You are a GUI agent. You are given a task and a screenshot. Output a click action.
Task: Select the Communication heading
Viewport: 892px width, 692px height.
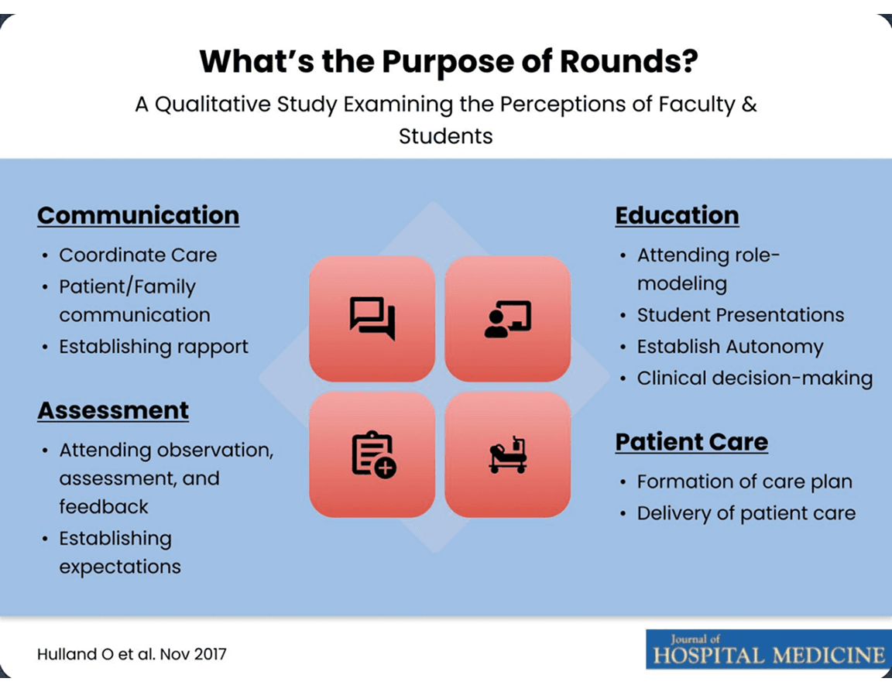point(138,215)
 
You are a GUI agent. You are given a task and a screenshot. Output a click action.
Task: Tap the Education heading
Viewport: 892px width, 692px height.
point(677,215)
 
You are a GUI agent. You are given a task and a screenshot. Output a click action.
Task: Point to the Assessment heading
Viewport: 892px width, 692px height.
point(113,410)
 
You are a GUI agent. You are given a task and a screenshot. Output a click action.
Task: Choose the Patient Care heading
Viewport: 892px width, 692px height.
point(691,442)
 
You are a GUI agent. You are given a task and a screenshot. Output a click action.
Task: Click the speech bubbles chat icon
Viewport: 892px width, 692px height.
point(372,318)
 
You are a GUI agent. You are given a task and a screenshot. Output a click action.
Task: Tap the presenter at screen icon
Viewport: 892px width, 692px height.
point(507,318)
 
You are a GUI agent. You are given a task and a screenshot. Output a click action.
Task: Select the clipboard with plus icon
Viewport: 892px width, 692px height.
point(372,454)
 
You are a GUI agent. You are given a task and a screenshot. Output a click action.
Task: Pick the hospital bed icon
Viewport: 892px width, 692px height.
point(507,454)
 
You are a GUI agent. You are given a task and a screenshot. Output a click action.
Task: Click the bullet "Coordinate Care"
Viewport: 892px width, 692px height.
point(138,255)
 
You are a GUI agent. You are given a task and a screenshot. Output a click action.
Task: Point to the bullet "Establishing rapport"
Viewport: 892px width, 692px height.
point(153,346)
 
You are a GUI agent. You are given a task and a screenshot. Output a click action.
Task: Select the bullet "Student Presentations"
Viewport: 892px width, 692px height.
point(740,315)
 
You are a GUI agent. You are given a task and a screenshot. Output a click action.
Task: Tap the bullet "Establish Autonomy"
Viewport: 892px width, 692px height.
point(729,347)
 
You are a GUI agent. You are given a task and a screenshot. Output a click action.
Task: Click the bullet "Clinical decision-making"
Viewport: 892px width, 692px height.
point(754,379)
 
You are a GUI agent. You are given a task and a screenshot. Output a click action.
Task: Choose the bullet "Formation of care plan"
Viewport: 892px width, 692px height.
point(744,481)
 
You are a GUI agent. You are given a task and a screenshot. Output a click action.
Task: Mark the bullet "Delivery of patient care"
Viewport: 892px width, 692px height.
point(746,513)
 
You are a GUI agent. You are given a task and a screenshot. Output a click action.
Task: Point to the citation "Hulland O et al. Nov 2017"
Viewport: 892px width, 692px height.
point(132,654)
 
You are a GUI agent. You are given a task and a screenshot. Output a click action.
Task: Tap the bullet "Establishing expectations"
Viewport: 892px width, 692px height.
point(120,552)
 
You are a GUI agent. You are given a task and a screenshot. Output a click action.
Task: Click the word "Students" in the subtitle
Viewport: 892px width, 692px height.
point(445,135)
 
